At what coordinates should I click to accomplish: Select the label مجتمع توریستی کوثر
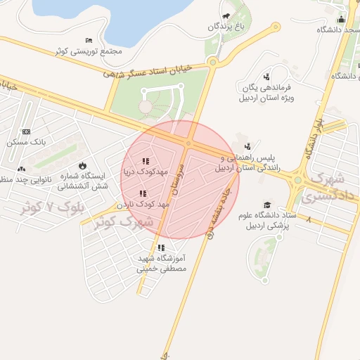pos(91,51)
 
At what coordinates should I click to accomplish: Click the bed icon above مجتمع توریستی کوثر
pos(88,41)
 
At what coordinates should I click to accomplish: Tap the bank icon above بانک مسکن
pos(27,131)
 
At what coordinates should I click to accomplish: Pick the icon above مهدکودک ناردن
pos(143,193)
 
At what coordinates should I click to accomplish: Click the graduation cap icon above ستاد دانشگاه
pos(267,205)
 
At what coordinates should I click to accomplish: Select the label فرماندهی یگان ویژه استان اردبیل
pos(267,92)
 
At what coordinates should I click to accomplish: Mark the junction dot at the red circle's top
pos(188,143)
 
